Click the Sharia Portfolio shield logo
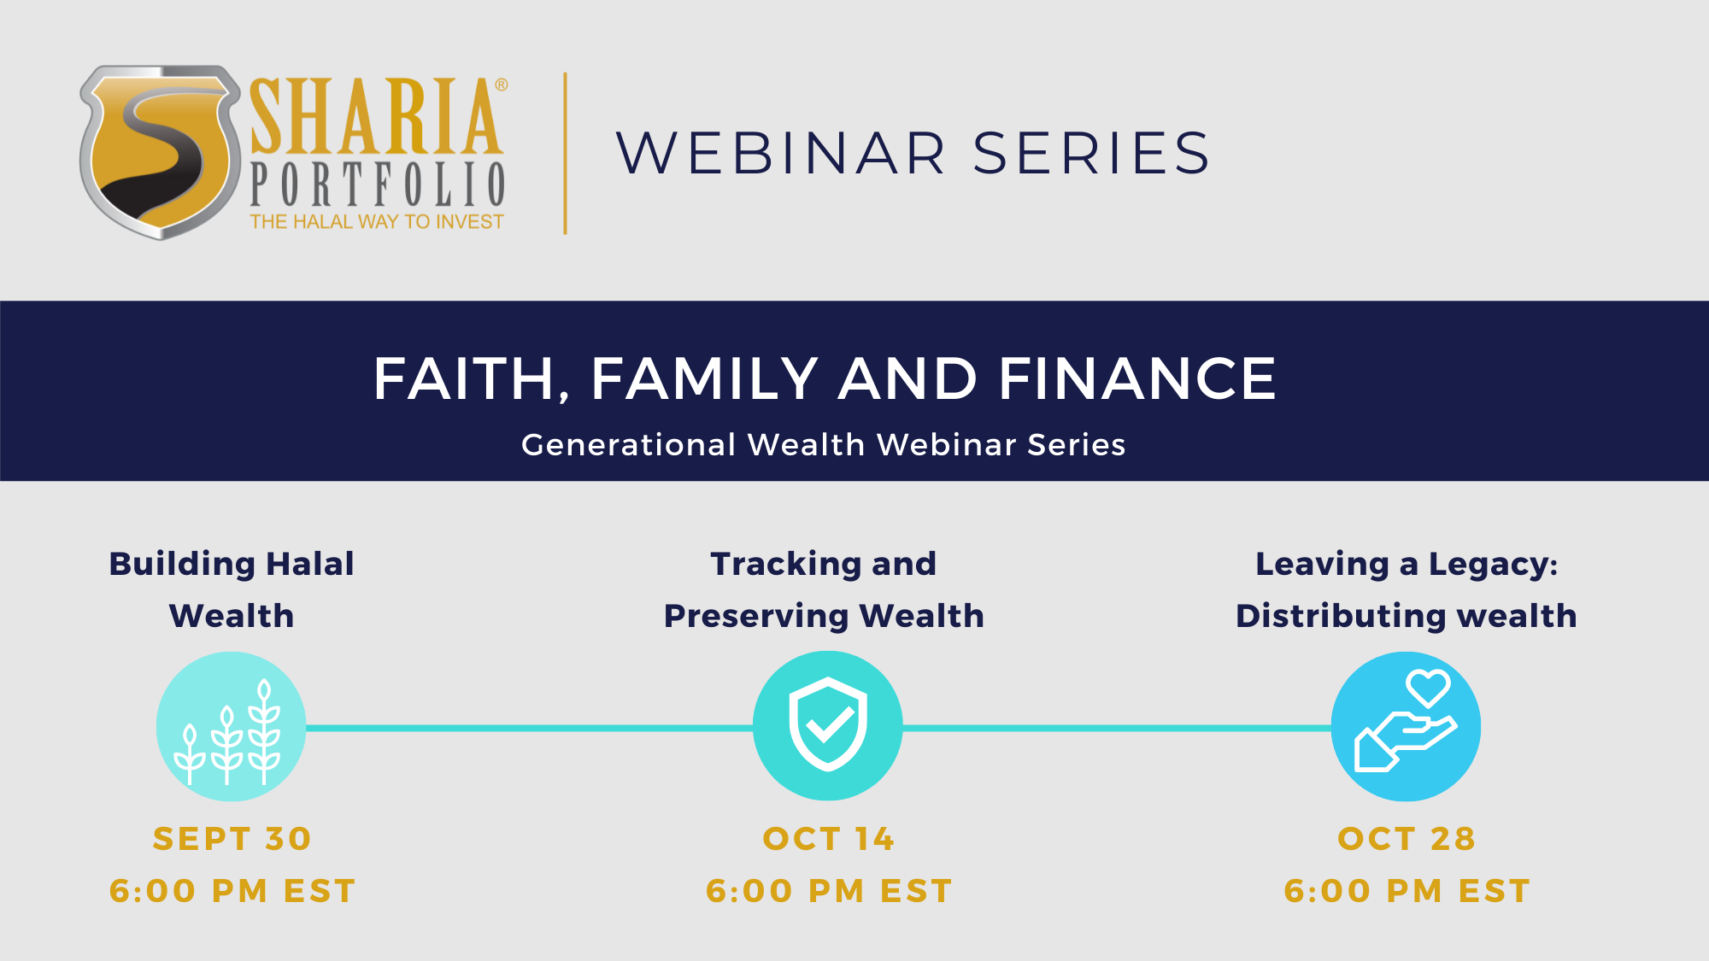[160, 152]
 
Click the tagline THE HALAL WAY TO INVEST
[377, 222]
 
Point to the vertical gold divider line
[565, 153]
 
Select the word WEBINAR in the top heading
[781, 154]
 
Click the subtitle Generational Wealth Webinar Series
[824, 444]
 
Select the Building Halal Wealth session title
[232, 589]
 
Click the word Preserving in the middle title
[756, 616]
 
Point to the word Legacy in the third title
[1492, 565]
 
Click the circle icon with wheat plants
[231, 726]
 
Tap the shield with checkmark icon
[827, 725]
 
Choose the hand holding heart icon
[1406, 726]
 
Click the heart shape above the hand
[1428, 687]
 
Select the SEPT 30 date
[232, 839]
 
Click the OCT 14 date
[828, 839]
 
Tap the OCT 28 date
[1407, 839]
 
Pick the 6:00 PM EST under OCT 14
[829, 891]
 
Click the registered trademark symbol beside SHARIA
[502, 85]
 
